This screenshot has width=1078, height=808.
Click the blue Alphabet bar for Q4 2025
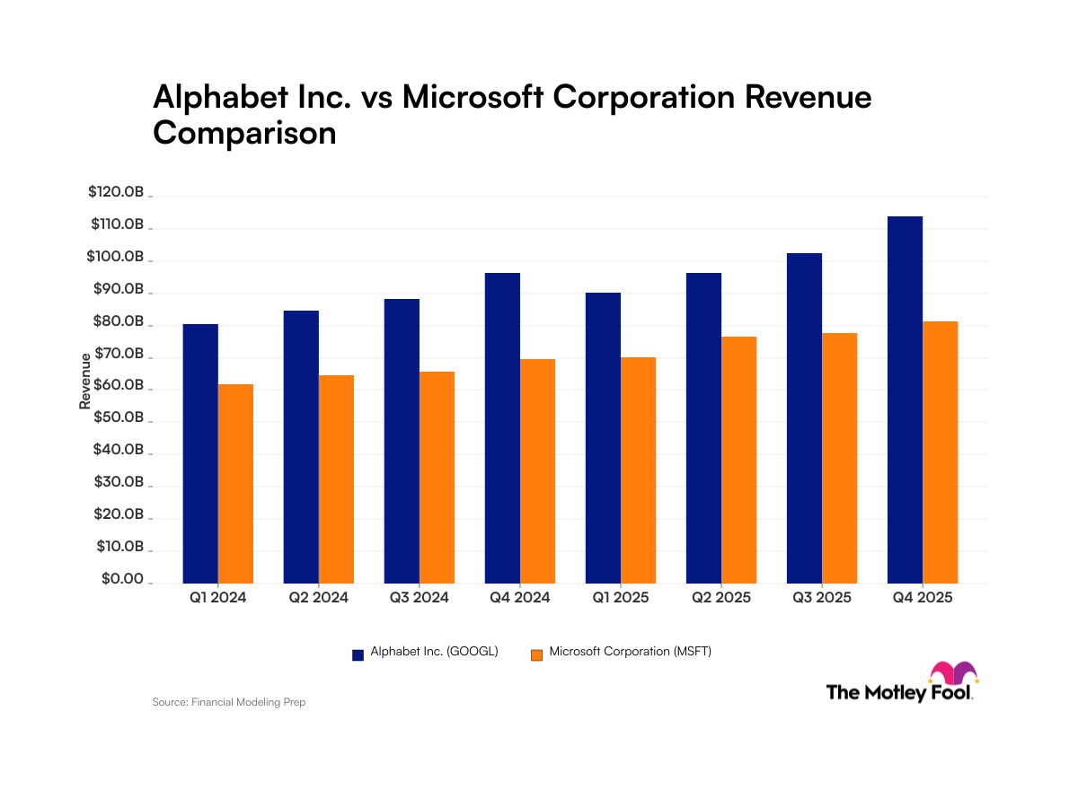coord(905,400)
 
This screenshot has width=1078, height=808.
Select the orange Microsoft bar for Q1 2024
coord(235,483)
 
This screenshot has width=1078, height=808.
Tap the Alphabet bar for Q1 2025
coord(603,437)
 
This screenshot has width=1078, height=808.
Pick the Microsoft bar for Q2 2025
coord(738,460)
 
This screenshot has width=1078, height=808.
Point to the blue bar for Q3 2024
coord(402,441)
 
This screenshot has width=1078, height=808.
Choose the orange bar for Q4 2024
coord(537,470)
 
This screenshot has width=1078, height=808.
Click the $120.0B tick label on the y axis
coord(116,192)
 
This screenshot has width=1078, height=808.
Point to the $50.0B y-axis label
coord(116,418)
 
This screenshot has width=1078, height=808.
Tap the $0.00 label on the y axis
coord(122,580)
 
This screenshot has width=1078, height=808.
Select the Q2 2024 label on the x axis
coord(318,597)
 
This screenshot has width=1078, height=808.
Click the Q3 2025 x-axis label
coord(821,597)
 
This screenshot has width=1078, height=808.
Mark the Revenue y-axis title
coord(85,382)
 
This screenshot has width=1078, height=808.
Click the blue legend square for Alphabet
coord(358,654)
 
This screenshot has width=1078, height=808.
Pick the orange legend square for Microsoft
coord(536,654)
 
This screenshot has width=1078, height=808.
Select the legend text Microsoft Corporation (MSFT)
coord(630,653)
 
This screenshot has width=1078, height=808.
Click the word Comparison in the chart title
coord(244,132)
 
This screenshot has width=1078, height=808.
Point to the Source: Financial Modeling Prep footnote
coord(229,702)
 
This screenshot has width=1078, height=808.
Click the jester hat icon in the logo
coord(953,673)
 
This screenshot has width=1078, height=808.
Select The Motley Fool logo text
coord(898,692)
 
